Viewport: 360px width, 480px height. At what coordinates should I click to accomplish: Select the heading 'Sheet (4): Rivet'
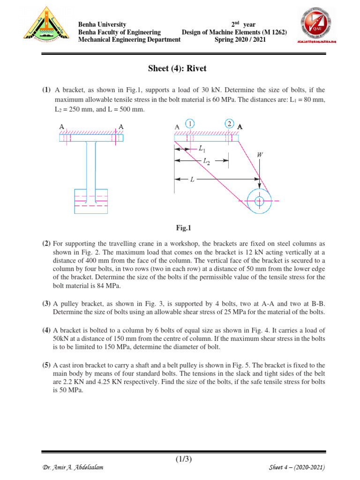(x=177, y=69)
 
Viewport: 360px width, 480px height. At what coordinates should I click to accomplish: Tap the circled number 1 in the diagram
(x=189, y=124)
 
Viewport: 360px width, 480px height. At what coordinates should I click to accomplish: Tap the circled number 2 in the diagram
(x=229, y=124)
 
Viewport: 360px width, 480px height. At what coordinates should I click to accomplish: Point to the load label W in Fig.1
(x=260, y=154)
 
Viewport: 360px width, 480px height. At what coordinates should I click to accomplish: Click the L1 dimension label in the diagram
(x=202, y=150)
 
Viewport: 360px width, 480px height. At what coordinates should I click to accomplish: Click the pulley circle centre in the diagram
(x=259, y=201)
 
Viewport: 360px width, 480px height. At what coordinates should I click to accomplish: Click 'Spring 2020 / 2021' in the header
(x=240, y=40)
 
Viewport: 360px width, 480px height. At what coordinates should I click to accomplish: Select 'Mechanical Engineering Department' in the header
(x=129, y=40)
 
